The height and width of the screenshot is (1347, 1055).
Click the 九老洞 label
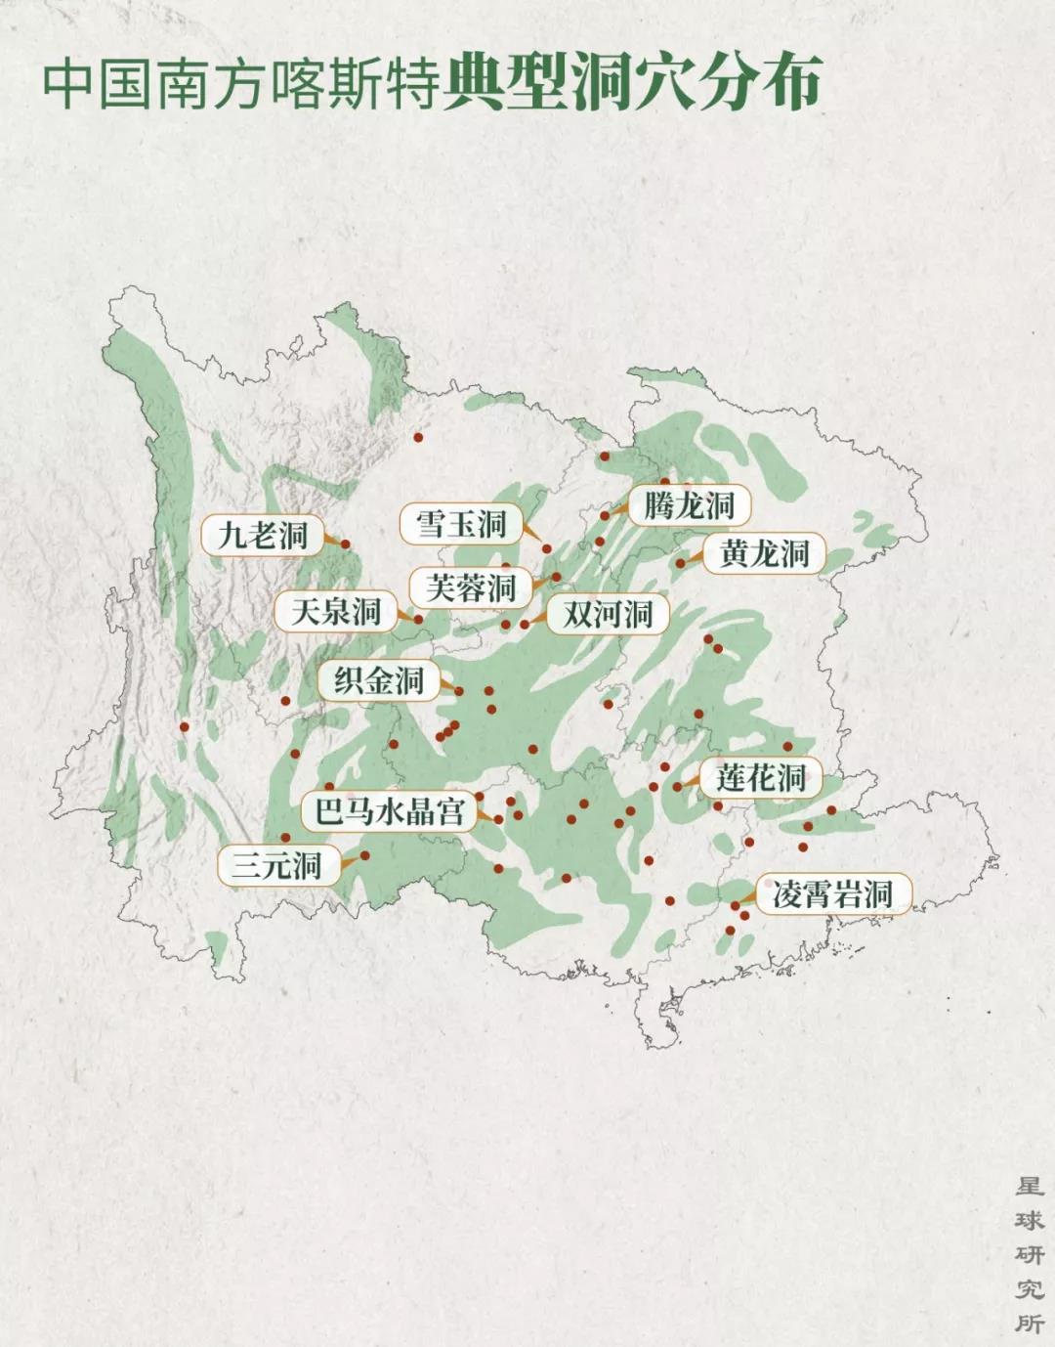(x=262, y=535)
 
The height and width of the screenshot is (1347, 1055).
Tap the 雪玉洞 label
(x=460, y=524)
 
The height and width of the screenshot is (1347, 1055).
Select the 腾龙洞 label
(x=690, y=505)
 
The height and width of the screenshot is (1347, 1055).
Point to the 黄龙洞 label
(x=764, y=553)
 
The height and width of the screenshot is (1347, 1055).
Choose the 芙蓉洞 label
(x=471, y=587)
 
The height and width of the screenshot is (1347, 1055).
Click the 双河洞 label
(x=607, y=614)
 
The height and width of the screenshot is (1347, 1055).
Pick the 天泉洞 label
(x=335, y=612)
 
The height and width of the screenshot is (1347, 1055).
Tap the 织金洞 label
(x=379, y=680)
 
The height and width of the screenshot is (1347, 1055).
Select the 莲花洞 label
(x=760, y=778)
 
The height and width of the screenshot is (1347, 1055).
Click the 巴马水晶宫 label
(x=388, y=810)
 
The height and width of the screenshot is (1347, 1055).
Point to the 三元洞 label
(x=276, y=865)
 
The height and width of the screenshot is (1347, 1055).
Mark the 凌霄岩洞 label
(x=832, y=893)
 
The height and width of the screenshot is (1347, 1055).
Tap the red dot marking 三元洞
(x=365, y=855)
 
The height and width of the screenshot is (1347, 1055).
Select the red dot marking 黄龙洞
(x=681, y=563)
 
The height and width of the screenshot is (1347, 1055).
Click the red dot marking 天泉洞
(x=418, y=619)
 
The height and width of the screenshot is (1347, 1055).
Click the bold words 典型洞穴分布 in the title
(x=632, y=84)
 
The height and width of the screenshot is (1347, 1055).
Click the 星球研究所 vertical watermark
(x=1029, y=1254)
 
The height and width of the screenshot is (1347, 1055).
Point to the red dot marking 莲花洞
(x=678, y=786)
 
